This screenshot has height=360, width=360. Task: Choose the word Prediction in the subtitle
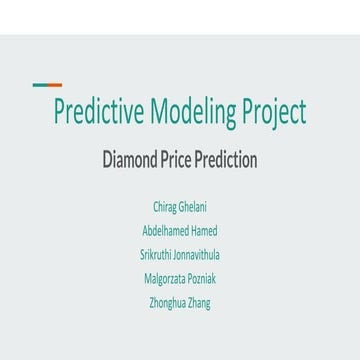[x=225, y=160]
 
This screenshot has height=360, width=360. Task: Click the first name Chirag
[x=164, y=207]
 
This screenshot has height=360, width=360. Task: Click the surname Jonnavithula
[x=196, y=253]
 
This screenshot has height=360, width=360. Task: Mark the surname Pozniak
[x=202, y=277]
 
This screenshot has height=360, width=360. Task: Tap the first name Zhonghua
[x=165, y=301]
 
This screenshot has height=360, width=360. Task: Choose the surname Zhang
[x=198, y=301]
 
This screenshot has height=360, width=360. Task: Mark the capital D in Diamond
[x=108, y=160]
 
